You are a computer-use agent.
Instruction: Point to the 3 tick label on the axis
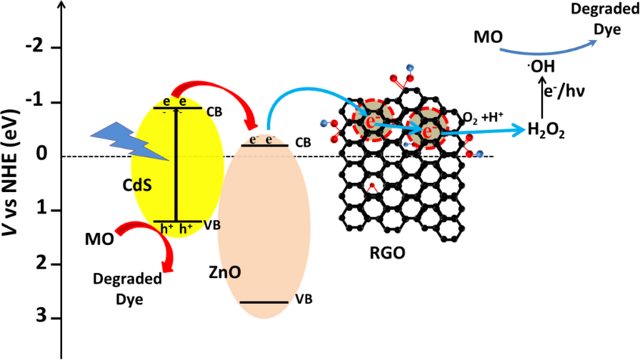(x=42, y=316)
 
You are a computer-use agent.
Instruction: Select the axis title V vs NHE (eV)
(x=11, y=172)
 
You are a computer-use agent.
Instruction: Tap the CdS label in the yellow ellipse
(x=137, y=185)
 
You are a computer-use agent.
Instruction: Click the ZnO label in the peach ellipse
(x=225, y=272)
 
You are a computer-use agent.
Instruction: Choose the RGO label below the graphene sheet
(x=387, y=253)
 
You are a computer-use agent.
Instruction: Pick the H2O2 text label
(x=546, y=130)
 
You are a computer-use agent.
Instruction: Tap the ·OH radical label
(x=541, y=66)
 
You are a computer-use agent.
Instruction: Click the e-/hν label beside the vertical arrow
(x=564, y=91)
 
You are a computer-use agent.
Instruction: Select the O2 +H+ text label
(x=484, y=117)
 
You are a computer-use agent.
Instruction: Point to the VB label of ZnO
(x=304, y=299)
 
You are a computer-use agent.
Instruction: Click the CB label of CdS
(x=214, y=112)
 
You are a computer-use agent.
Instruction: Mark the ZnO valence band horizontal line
(x=264, y=302)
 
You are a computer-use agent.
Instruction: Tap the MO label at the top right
(x=488, y=37)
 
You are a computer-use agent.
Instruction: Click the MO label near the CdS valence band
(x=99, y=239)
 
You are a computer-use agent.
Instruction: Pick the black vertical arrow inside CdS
(x=176, y=165)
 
